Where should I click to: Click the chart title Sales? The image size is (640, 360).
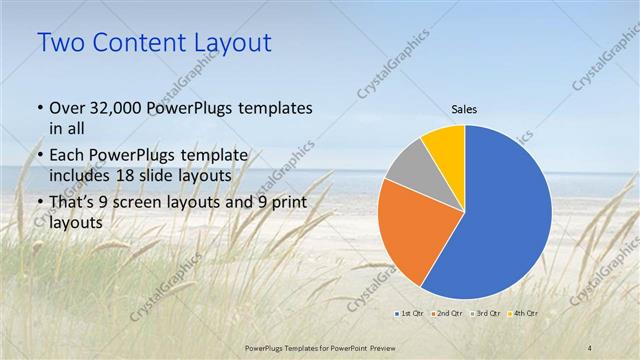point(464,109)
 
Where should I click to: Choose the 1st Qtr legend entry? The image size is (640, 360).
point(411,314)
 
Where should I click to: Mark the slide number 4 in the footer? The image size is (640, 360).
point(590,347)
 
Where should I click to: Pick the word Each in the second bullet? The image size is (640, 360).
point(66,155)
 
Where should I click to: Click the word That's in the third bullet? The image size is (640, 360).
point(72,204)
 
